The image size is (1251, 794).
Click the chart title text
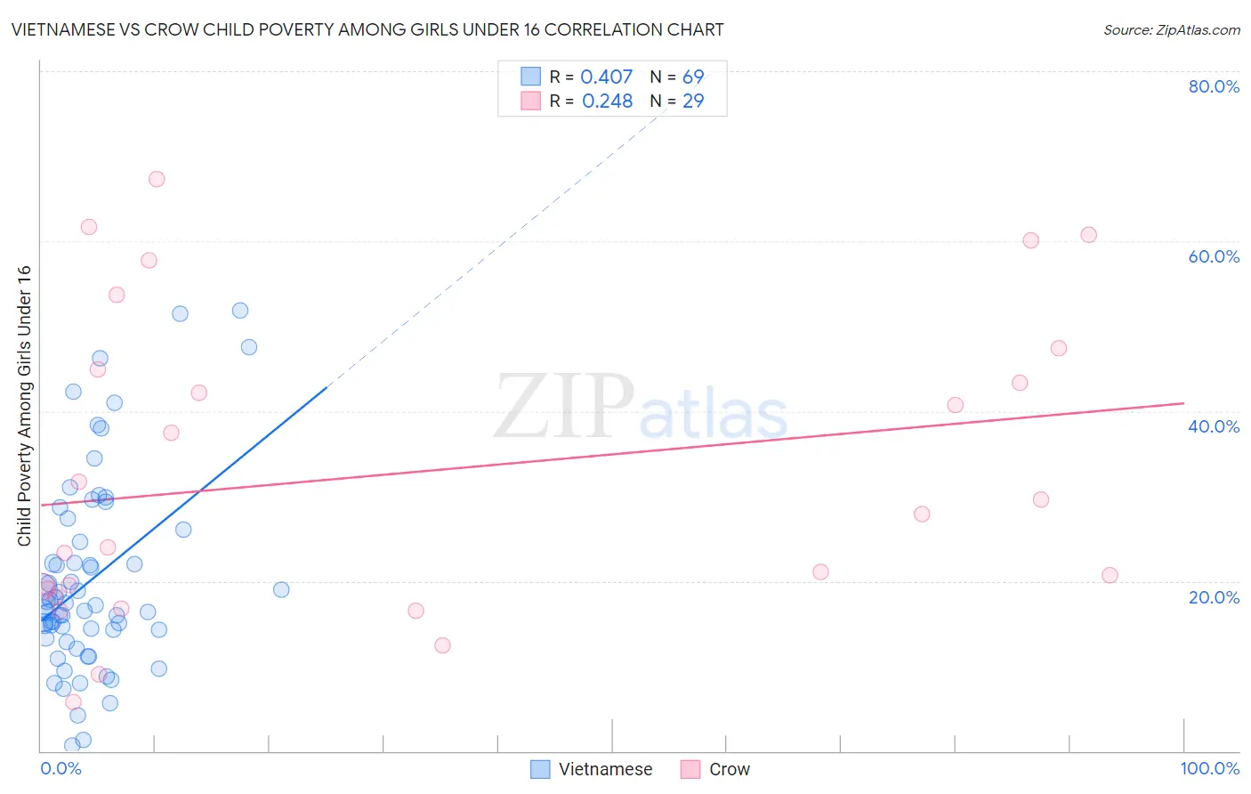(367, 29)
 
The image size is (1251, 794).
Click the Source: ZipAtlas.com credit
(1171, 30)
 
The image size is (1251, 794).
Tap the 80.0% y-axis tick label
(1214, 86)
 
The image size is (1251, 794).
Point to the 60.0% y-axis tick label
(1214, 256)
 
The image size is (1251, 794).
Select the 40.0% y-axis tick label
(1214, 426)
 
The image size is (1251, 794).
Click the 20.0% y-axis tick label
(1214, 597)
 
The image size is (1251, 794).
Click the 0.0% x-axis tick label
(61, 768)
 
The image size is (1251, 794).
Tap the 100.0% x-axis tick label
(1209, 768)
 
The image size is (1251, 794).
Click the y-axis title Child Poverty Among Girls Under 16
(24, 406)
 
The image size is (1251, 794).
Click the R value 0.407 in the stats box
(606, 77)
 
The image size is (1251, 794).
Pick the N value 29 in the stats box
(693, 101)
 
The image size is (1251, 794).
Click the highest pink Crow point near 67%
(157, 179)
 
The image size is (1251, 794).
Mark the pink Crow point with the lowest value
(74, 702)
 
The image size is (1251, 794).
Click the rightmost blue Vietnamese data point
(281, 589)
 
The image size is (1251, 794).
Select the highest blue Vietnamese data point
(240, 311)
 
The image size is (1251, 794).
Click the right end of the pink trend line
(1183, 403)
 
